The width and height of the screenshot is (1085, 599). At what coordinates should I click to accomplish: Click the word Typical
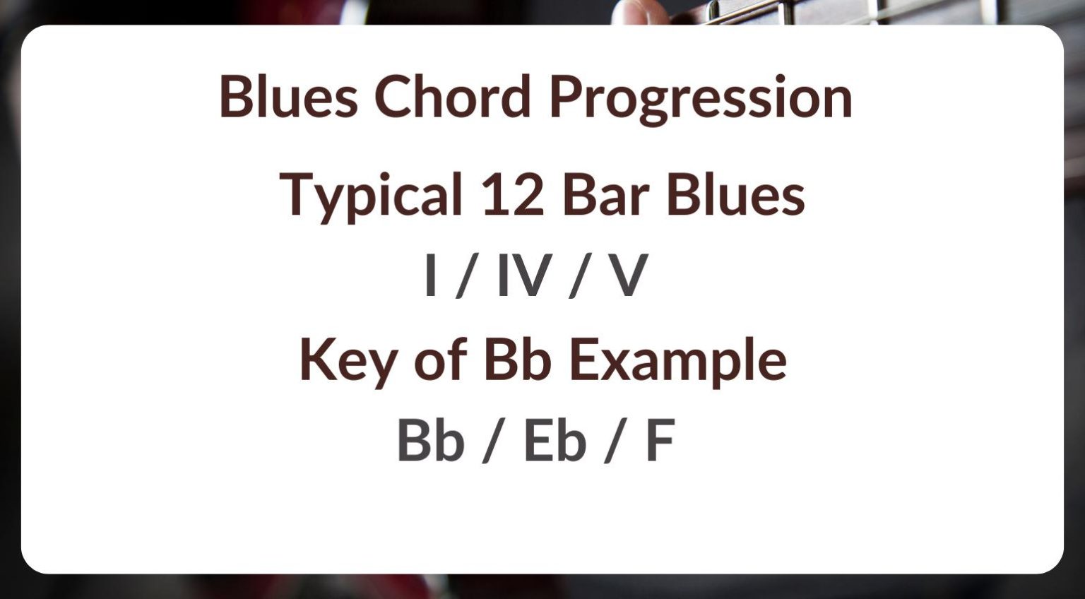coord(370,195)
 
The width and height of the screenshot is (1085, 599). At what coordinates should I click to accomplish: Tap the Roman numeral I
coord(429,276)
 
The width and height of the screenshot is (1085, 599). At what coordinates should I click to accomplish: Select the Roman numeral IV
coord(523,276)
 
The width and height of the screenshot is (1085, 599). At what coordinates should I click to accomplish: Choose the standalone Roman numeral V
coord(628,276)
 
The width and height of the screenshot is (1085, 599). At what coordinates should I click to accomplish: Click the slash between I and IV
coord(465,278)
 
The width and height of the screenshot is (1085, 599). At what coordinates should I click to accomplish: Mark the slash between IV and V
coord(579,278)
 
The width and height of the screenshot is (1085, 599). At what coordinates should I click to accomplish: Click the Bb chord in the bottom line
coord(430,441)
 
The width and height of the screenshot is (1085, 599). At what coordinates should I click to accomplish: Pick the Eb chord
coord(555,441)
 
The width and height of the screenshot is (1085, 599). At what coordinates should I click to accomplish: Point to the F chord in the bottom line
coord(660,441)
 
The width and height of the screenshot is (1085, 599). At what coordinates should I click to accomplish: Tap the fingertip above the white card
coord(640,11)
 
